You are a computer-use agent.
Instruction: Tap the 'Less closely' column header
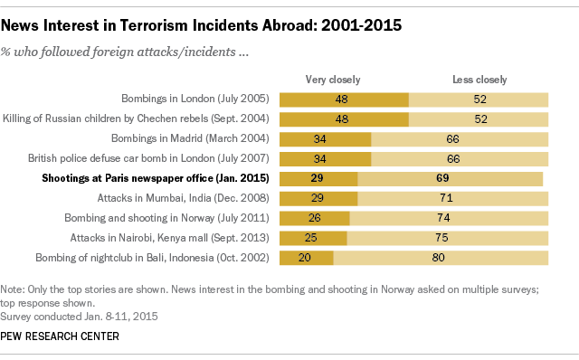coord(479,79)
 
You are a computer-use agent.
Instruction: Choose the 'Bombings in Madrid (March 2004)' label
coord(192,138)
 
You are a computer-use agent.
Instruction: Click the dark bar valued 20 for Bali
coord(307,258)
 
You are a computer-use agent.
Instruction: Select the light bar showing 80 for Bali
coord(441,258)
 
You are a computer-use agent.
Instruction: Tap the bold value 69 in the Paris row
coord(443,178)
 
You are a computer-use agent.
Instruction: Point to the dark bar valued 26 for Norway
coord(315,218)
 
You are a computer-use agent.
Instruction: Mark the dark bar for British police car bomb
coord(326,158)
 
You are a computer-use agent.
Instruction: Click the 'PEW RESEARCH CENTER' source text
coord(61,336)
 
